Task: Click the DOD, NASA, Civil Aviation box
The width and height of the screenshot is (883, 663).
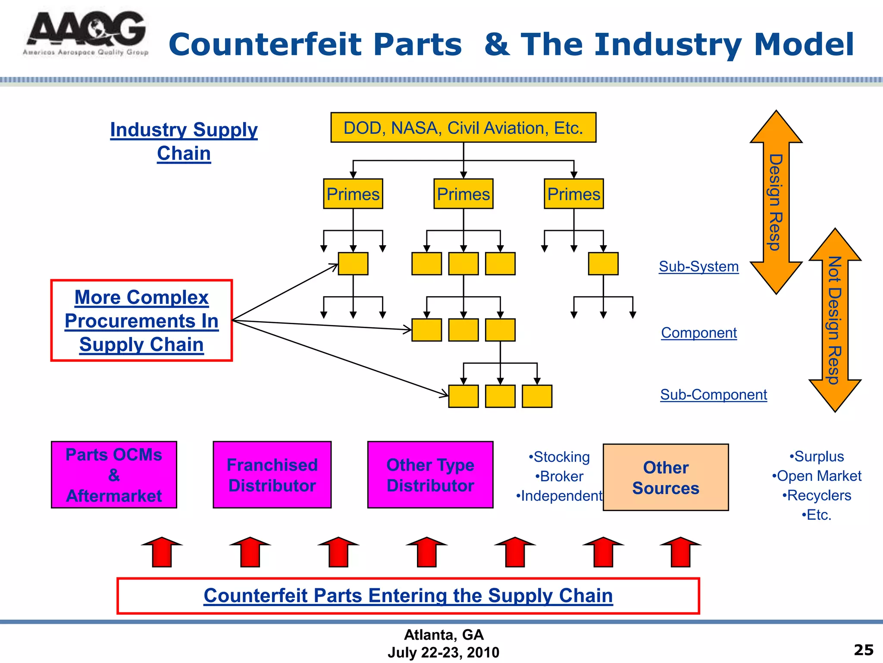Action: (463, 128)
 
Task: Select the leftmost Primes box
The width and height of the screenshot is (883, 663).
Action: (353, 194)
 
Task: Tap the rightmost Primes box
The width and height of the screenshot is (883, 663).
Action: (573, 194)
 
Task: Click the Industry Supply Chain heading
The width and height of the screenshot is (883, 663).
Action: (184, 141)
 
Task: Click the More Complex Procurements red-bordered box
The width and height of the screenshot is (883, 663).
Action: (141, 320)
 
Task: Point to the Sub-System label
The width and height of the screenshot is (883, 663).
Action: (698, 266)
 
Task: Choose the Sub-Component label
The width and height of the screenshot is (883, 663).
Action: (714, 395)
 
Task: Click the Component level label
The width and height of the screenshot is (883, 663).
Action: (699, 333)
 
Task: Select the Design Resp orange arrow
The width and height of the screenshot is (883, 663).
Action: (776, 202)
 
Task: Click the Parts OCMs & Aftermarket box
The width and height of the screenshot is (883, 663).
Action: (114, 475)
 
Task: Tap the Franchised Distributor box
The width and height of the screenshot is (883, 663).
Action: (272, 475)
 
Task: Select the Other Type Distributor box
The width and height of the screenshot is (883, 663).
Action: (430, 475)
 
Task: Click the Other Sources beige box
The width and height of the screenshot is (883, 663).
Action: (666, 477)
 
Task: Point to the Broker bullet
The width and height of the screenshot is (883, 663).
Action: (559, 477)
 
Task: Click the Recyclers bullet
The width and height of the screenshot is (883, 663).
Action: (817, 496)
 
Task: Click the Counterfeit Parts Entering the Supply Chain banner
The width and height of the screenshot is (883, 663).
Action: (408, 596)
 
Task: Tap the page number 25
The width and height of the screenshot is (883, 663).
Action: (863, 650)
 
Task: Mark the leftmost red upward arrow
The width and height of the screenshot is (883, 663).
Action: (162, 552)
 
